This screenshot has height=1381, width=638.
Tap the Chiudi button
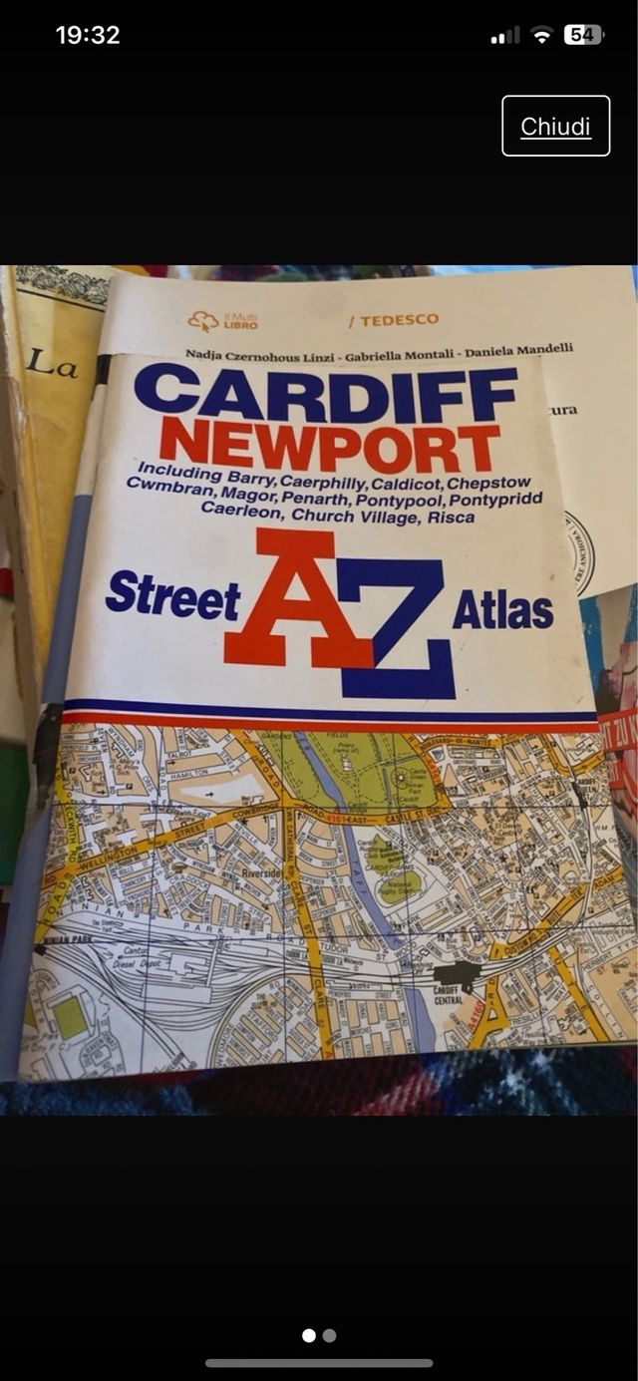[x=555, y=127]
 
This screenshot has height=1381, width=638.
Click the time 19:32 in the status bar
[x=88, y=35]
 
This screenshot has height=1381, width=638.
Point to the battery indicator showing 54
[x=582, y=35]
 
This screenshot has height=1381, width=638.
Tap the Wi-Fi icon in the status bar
[x=541, y=35]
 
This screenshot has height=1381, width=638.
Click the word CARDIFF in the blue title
[x=326, y=393]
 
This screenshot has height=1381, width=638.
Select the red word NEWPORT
[x=330, y=446]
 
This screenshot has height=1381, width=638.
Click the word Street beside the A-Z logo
[x=172, y=595]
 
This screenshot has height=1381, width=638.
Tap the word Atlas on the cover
[x=502, y=609]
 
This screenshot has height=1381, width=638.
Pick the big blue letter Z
[x=399, y=628]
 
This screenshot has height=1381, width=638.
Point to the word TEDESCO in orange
[x=393, y=321]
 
